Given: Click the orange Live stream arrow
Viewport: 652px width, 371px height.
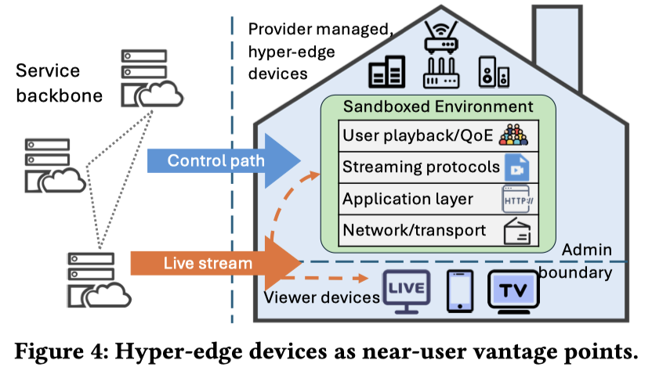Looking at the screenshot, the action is (216, 263).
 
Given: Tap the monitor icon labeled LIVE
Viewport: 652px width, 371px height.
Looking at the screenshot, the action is (406, 292).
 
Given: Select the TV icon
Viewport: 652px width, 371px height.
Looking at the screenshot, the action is (513, 292).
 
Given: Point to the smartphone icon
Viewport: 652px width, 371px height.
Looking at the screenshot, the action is (460, 291).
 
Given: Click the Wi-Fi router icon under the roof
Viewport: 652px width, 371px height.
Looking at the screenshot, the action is (441, 38).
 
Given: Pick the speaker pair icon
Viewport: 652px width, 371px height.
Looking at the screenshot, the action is (494, 71).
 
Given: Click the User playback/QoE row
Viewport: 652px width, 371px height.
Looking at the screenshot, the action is (438, 136).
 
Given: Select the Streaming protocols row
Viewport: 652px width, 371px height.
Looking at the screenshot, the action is (438, 167).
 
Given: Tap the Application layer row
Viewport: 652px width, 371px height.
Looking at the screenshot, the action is (438, 199).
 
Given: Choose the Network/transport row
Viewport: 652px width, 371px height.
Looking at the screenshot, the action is (438, 231).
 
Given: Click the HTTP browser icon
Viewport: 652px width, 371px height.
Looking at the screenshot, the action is (518, 199).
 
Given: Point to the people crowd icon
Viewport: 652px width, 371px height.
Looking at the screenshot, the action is (513, 135).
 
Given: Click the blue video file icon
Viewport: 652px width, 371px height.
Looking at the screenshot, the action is (517, 167).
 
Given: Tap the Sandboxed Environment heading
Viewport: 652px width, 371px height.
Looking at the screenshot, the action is (438, 106).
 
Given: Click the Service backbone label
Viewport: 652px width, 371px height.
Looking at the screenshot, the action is (59, 83).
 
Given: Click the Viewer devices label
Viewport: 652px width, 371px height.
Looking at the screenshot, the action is (322, 297).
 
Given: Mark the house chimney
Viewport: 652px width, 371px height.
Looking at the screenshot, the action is (557, 45).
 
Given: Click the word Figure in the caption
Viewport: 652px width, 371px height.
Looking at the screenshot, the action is (49, 352).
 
